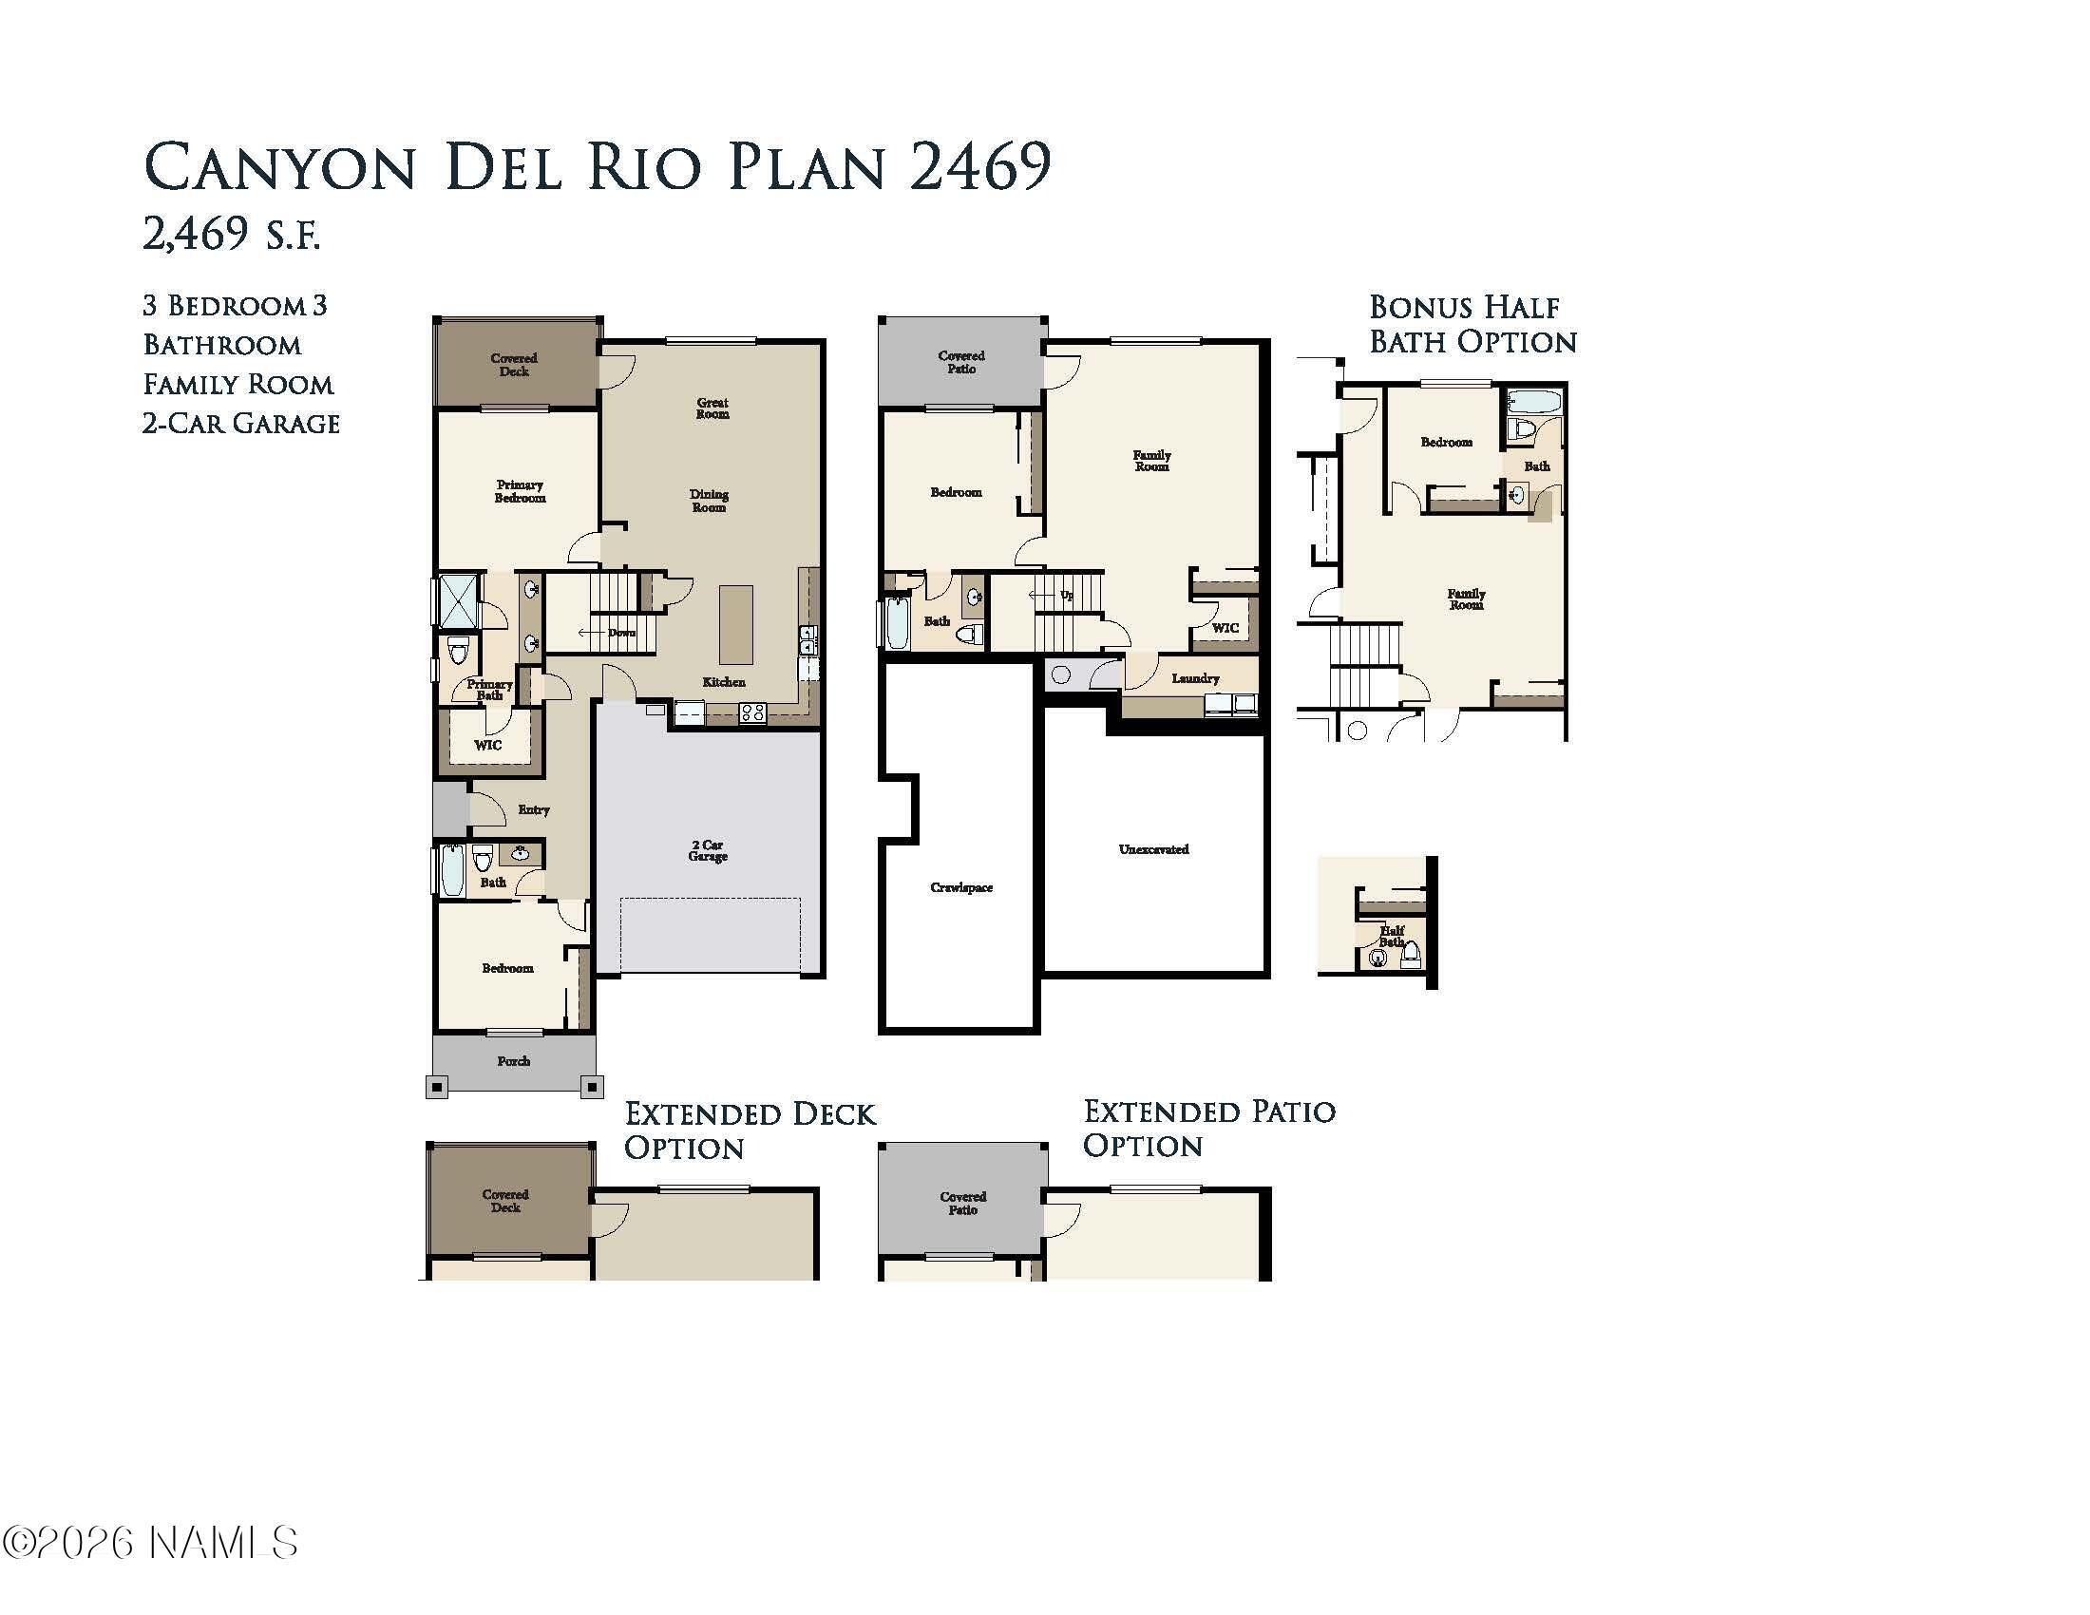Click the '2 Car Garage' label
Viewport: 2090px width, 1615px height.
pyautogui.click(x=707, y=850)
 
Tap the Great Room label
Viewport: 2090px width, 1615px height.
pyautogui.click(x=712, y=408)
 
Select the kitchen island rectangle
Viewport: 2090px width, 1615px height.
pyautogui.click(x=736, y=625)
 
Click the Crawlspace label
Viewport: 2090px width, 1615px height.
pyautogui.click(x=960, y=888)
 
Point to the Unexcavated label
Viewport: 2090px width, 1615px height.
pyautogui.click(x=1153, y=849)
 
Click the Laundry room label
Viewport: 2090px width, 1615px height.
pyautogui.click(x=1195, y=678)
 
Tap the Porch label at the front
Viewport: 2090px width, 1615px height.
pyautogui.click(x=513, y=1061)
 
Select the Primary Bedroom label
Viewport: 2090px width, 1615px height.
pyautogui.click(x=520, y=491)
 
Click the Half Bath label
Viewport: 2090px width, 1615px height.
pyautogui.click(x=1392, y=936)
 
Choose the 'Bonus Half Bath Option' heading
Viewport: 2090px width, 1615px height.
pyautogui.click(x=1472, y=324)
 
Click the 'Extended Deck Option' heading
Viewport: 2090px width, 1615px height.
pyautogui.click(x=750, y=1130)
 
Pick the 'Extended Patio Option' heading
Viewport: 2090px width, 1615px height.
pyautogui.click(x=1208, y=1128)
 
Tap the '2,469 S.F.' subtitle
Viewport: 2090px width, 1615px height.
pyautogui.click(x=232, y=235)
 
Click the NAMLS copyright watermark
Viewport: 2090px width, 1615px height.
pyautogui.click(x=150, y=1543)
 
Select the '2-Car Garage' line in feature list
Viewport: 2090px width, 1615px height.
pyautogui.click(x=241, y=423)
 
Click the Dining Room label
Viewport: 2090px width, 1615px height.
pyautogui.click(x=709, y=501)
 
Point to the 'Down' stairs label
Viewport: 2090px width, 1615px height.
pyautogui.click(x=621, y=633)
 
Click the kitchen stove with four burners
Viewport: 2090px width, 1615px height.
pyautogui.click(x=752, y=712)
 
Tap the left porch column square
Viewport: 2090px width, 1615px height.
pyautogui.click(x=436, y=1087)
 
